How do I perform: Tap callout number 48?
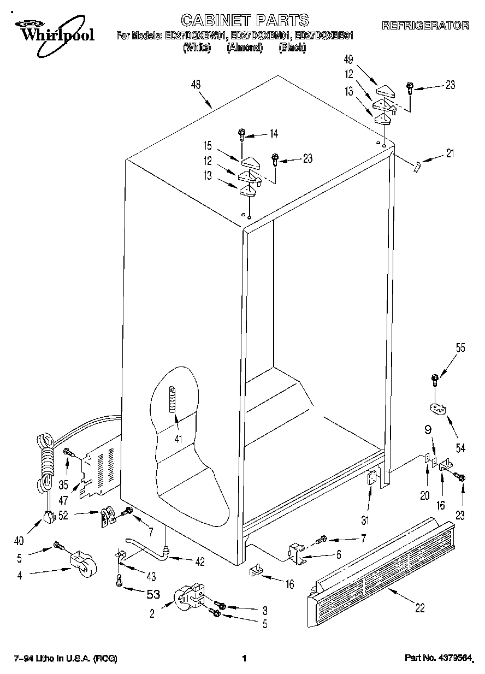point(196,85)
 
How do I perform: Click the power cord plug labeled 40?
point(50,516)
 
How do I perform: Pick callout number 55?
point(461,348)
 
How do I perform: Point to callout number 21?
point(449,154)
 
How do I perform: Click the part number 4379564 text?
point(439,658)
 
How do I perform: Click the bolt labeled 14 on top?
point(241,133)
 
